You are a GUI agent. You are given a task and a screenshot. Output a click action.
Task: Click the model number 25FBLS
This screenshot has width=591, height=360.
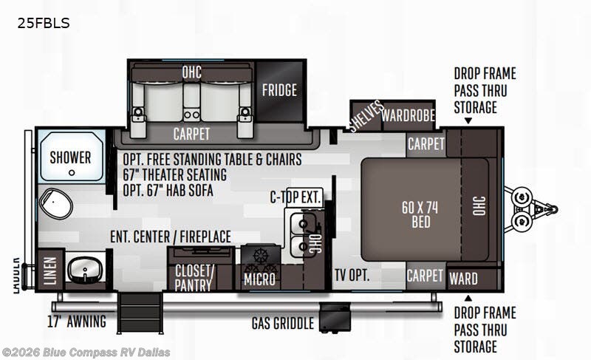pos(44,24)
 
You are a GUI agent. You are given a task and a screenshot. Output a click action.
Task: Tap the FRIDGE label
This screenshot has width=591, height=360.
pos(279,90)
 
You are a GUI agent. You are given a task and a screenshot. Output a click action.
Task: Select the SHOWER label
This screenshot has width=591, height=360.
pos(70,157)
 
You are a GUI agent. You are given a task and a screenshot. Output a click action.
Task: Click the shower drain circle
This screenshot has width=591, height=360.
pos(72,173)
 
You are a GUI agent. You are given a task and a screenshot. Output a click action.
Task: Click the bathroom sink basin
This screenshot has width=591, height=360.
pos(85,271)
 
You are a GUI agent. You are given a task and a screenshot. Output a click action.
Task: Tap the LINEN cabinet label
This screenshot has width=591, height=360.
pos(50,271)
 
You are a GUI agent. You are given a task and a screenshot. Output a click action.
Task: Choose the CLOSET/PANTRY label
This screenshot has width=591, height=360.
pos(194,278)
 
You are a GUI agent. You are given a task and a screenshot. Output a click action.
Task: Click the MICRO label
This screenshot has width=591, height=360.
pos(259,279)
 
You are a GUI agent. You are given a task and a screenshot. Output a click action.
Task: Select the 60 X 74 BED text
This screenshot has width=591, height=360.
pos(420,214)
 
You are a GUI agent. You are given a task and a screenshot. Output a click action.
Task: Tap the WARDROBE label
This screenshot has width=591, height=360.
pos(409,115)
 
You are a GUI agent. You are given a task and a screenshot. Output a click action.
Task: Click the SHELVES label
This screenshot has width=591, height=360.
pos(365,116)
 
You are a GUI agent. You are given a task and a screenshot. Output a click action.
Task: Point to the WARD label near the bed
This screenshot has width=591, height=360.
pos(463,279)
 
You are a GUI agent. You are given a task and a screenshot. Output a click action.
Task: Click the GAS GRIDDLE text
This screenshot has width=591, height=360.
pos(283,324)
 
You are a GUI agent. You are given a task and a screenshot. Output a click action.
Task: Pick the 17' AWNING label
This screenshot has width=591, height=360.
pos(77,322)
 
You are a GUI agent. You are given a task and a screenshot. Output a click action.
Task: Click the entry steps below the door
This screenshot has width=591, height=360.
pos(140,313)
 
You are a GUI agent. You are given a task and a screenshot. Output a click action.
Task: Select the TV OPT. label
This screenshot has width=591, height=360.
pos(352,275)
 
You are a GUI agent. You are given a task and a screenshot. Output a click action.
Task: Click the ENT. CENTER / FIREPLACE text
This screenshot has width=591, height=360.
pos(171,237)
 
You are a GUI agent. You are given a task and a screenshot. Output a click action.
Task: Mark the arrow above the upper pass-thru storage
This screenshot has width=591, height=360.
pos(468,121)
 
